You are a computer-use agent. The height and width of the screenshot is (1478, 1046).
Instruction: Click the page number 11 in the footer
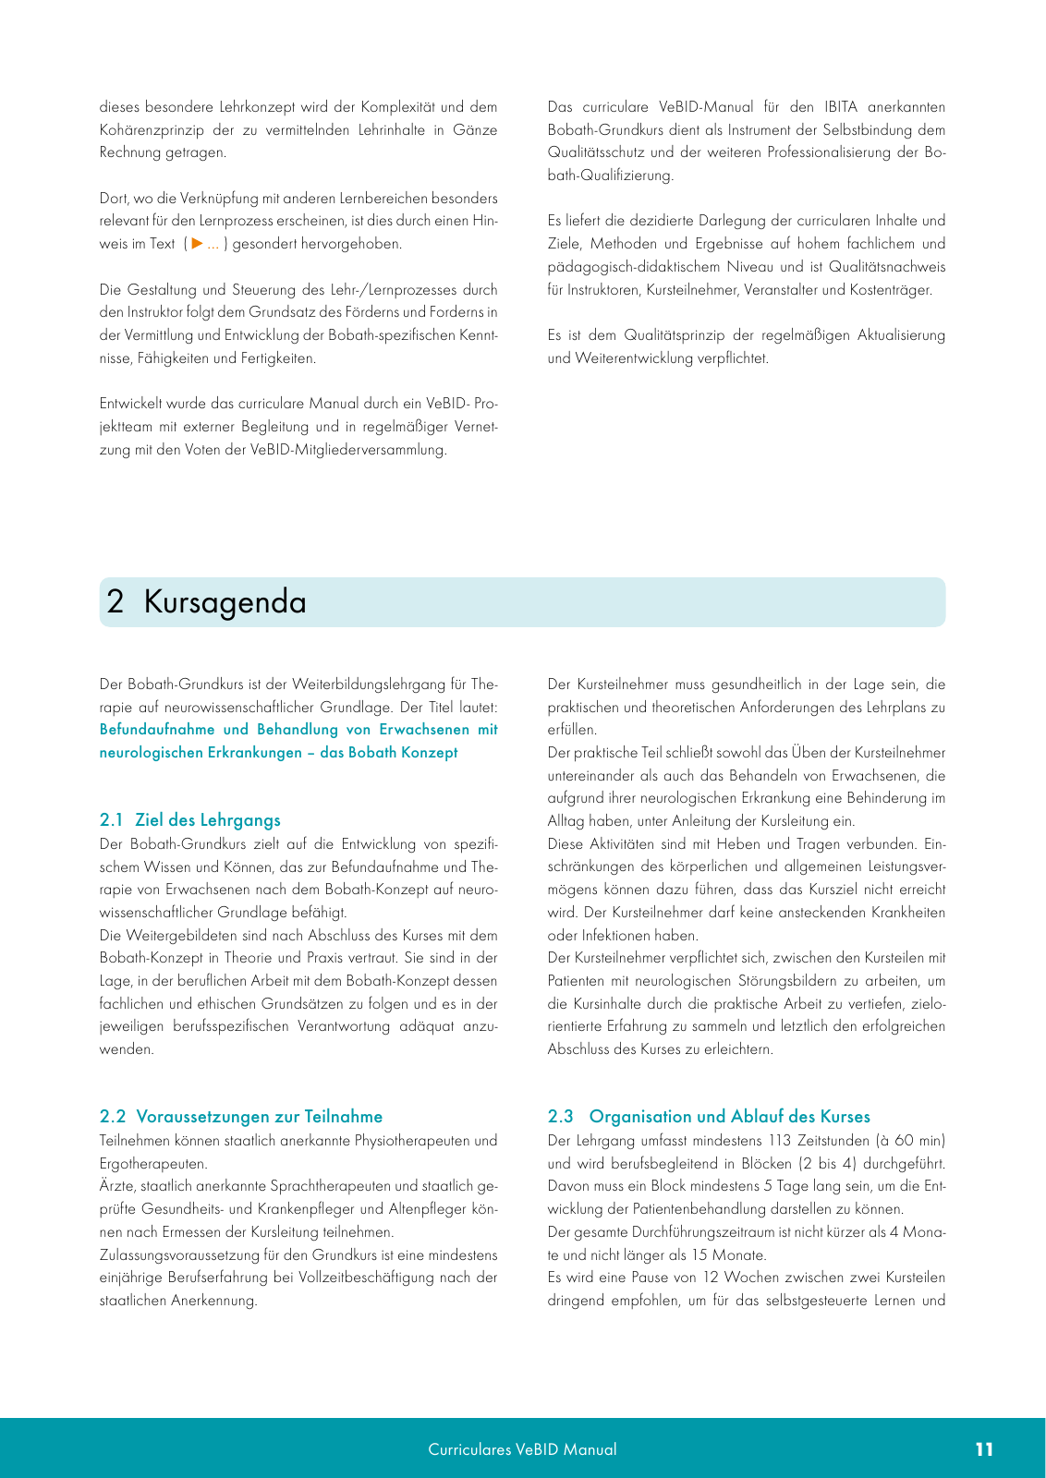click(x=984, y=1449)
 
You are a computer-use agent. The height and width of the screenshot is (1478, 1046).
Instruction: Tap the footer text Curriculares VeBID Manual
click(x=522, y=1449)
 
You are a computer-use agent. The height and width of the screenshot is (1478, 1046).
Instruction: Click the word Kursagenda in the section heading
click(x=225, y=602)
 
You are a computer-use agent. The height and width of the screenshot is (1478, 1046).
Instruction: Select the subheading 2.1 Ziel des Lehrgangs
click(x=189, y=820)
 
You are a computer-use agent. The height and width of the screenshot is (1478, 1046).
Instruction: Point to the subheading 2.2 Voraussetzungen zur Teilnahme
click(x=240, y=1117)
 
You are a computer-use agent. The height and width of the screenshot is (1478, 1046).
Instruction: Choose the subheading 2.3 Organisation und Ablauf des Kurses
click(x=709, y=1117)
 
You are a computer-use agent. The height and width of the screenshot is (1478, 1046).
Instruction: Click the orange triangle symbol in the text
click(x=197, y=244)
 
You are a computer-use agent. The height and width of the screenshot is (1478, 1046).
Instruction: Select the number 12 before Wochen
click(x=710, y=1278)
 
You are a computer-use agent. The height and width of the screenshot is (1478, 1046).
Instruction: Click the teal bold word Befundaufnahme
click(x=156, y=730)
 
